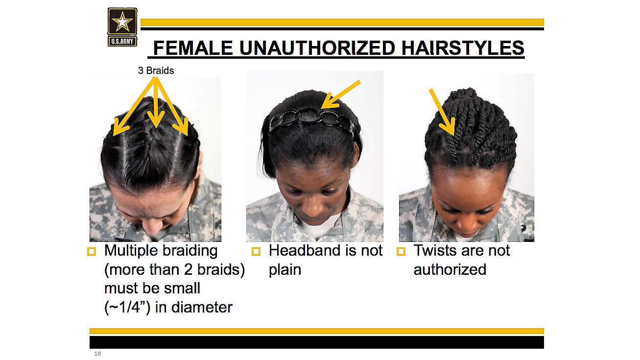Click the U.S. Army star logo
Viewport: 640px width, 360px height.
pos(122,27)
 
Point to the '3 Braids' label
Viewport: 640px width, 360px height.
pos(156,71)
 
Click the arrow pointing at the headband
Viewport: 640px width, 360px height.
pos(341,95)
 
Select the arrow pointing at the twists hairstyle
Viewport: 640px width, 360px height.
pos(442,112)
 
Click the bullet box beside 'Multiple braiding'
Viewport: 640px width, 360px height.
pos(92,251)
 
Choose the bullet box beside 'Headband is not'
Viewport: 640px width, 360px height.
pos(256,251)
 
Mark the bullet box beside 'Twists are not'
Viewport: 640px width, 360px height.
pos(401,251)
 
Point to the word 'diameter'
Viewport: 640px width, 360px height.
pos(202,308)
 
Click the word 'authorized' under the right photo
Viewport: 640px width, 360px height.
pos(450,269)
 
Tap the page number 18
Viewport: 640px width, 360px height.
pos(97,354)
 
